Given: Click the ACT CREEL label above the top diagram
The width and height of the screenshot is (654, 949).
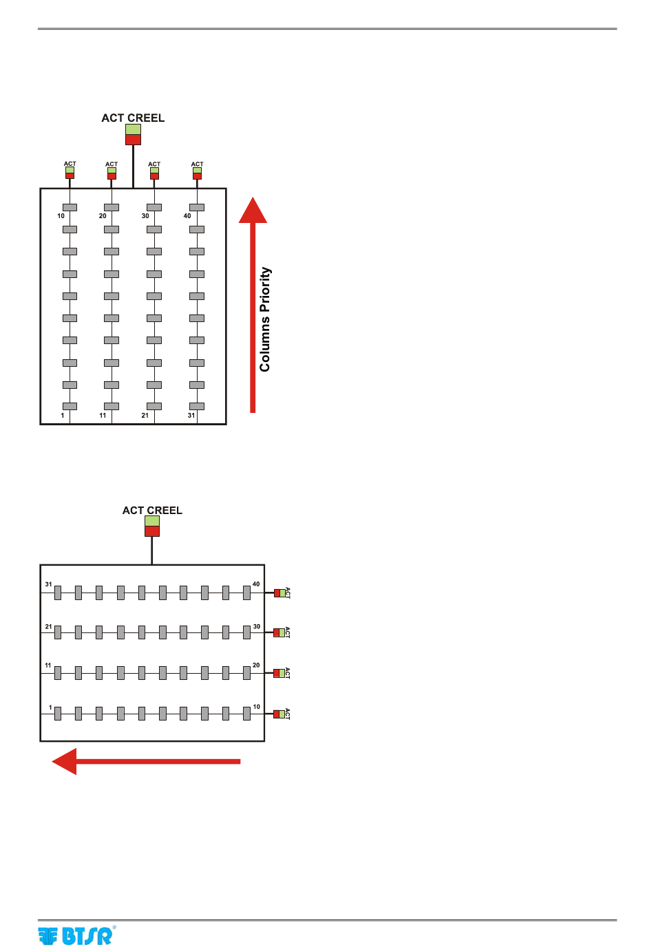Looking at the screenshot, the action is (x=133, y=118).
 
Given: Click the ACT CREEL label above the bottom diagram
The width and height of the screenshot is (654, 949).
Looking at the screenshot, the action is (x=152, y=511).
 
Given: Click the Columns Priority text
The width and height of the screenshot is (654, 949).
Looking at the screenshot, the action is (x=265, y=319).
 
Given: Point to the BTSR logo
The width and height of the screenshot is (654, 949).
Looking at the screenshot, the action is (x=76, y=936).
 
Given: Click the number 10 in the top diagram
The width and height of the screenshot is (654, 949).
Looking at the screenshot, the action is (x=61, y=216).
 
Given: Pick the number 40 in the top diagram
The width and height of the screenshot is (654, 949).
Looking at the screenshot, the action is (x=187, y=216).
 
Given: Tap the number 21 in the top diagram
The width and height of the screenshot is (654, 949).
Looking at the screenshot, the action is (x=145, y=416).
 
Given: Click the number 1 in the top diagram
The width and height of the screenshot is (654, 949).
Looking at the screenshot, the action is (x=63, y=416).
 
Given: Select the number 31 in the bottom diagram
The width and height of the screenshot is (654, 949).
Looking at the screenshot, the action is (x=48, y=584).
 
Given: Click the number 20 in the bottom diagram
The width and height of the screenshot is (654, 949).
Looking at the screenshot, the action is (x=256, y=665).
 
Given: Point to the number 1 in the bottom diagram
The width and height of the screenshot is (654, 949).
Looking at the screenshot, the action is (x=50, y=707).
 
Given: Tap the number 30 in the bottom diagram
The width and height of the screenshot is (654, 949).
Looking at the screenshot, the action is (x=256, y=627).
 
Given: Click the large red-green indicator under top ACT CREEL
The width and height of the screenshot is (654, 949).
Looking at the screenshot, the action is (x=133, y=134).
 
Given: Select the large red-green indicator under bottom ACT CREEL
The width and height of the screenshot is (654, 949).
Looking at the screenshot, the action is (x=152, y=526).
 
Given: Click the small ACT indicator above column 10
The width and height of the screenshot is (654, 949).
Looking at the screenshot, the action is (x=70, y=173).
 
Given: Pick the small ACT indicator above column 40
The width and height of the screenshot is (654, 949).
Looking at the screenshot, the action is (x=197, y=173).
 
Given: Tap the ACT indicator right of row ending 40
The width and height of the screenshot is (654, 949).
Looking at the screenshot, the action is (x=279, y=593).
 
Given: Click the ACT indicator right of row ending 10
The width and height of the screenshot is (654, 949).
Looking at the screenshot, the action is (x=279, y=714).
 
